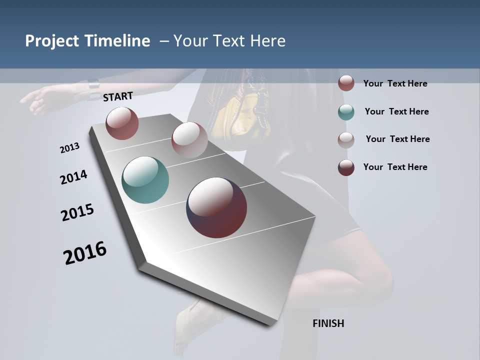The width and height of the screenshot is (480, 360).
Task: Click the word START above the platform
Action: point(118,96)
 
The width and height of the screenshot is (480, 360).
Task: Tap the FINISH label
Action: point(328,323)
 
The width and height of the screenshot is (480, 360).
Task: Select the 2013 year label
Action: point(69,148)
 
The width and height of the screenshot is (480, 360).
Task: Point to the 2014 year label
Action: point(73,177)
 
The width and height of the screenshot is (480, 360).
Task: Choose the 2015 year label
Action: point(77,212)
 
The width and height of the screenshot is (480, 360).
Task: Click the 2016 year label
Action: point(85,252)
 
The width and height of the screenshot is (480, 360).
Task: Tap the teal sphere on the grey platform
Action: point(145,180)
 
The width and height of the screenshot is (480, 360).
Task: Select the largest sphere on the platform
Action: point(216,207)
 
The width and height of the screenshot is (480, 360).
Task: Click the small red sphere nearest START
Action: point(122,123)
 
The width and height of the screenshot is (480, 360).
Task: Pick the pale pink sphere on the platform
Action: point(189,139)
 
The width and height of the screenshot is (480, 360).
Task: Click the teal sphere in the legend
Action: point(346,112)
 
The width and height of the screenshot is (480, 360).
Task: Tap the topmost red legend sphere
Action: point(346,83)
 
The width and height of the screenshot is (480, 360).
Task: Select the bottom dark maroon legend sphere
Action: point(346,167)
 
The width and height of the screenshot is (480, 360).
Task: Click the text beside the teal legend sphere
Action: point(396,111)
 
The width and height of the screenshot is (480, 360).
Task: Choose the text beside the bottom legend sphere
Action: point(395,167)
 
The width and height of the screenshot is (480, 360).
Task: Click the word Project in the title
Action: point(52,41)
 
